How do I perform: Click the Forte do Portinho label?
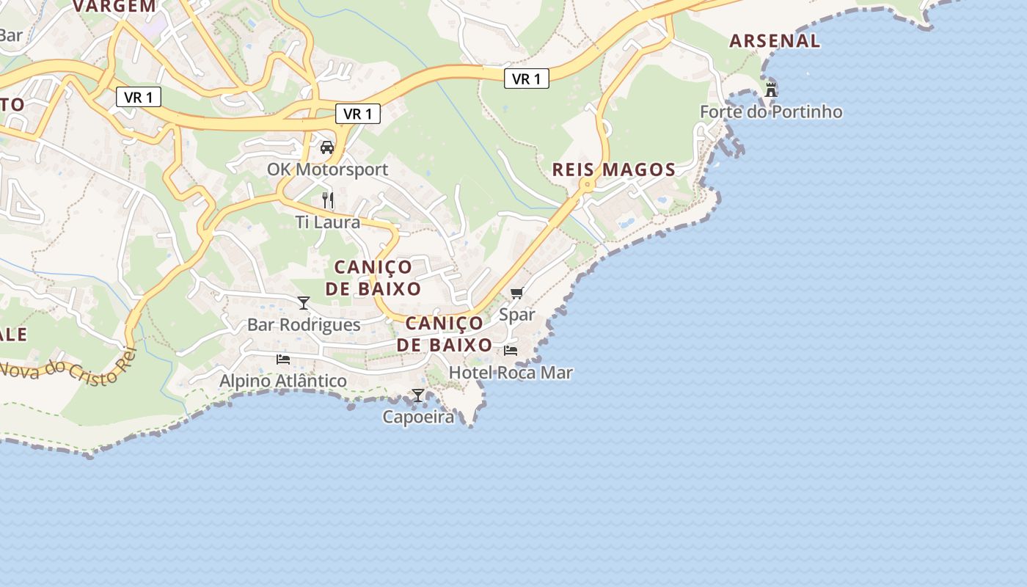coord(770,112)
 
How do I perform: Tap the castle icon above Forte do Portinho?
coord(770,90)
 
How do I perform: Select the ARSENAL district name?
coord(775,41)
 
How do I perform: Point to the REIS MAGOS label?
coord(613,169)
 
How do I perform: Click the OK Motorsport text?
coord(327,169)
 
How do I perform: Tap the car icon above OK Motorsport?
coord(327,147)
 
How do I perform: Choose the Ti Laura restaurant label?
coord(327,222)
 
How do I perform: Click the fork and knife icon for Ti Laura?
coord(327,199)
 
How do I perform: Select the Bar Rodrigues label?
coord(304,324)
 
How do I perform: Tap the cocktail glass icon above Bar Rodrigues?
coord(304,302)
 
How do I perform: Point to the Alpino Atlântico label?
coord(283,381)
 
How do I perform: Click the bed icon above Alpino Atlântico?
coord(283,359)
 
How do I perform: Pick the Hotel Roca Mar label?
coord(511,373)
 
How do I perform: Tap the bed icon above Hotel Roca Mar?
coord(511,350)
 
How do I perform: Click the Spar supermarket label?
coord(517,315)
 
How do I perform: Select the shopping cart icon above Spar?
coord(517,293)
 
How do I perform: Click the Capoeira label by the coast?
coord(418,417)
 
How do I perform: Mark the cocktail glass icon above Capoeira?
coord(418,395)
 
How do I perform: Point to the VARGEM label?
coord(114,6)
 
